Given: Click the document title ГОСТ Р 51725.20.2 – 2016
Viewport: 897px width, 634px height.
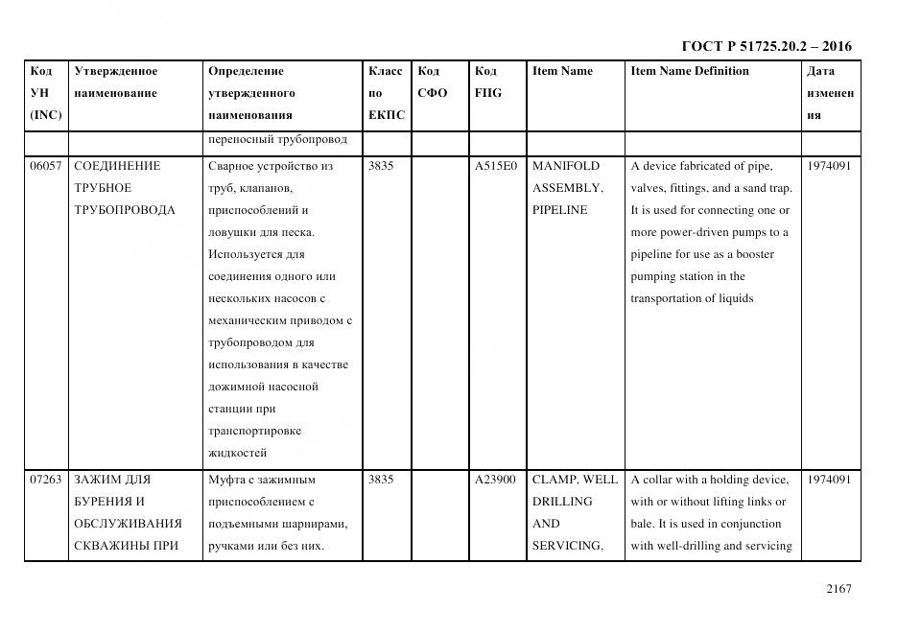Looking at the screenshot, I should (766, 46).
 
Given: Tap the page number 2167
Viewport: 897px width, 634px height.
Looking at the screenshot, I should (838, 589).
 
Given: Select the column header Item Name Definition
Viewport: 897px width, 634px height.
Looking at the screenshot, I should (689, 71).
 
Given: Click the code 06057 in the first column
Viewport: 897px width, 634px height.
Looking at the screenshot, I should (45, 166).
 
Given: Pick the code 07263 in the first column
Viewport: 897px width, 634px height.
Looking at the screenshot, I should (45, 480).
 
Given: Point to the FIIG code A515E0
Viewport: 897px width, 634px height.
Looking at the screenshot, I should (495, 166).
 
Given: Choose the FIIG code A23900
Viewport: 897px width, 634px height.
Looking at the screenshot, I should (495, 480).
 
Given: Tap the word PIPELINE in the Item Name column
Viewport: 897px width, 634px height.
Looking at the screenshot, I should (559, 210).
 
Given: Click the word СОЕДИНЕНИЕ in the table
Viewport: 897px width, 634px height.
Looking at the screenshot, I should (117, 166).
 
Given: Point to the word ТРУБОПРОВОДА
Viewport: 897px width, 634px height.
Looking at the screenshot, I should (124, 210).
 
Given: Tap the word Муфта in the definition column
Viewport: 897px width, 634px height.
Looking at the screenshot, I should (227, 480).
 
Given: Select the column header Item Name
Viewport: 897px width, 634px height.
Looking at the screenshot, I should (562, 71).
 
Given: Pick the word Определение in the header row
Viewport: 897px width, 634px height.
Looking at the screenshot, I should (246, 71).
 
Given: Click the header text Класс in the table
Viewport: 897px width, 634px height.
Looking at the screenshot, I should (385, 71).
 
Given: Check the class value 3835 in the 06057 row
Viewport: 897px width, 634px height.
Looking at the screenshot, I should (381, 166).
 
